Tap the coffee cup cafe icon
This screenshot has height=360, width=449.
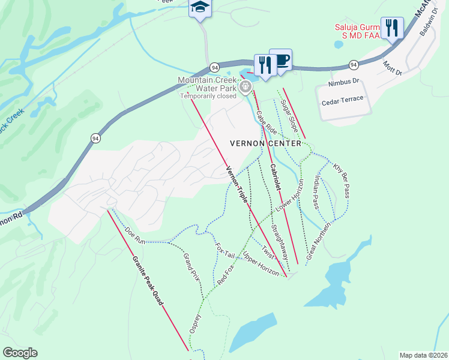pos(280,60)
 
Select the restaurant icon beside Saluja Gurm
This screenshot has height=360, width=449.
pos(391,28)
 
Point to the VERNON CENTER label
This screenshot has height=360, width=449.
pos(266,143)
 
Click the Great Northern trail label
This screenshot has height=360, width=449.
pos(319,240)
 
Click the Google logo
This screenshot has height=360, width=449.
pos(20,352)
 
